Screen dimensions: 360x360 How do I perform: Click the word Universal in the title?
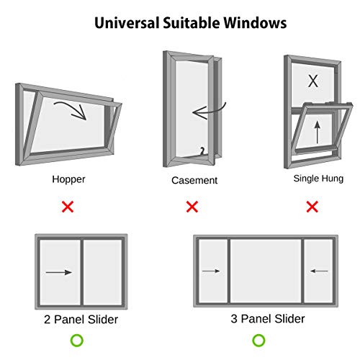[127, 23]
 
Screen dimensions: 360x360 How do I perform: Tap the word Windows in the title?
[255, 23]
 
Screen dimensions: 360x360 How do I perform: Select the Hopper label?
[68, 180]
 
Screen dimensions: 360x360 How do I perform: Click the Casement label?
[194, 181]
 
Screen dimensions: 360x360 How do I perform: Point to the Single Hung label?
[318, 179]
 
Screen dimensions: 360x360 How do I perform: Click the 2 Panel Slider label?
[81, 320]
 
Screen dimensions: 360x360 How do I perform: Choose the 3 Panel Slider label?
[268, 319]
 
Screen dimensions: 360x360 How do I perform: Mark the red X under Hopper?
[68, 207]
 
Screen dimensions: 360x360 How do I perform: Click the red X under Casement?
[192, 207]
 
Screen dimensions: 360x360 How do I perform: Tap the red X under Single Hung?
[312, 207]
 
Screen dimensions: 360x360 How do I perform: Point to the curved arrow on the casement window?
[211, 112]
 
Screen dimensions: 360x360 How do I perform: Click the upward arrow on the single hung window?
[318, 132]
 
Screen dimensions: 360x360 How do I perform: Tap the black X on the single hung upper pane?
[313, 81]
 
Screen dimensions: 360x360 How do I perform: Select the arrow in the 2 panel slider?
[59, 272]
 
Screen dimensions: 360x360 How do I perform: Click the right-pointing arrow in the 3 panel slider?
[211, 271]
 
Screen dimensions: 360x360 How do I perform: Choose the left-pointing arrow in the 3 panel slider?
[319, 271]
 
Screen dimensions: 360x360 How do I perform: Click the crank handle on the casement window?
[203, 151]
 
